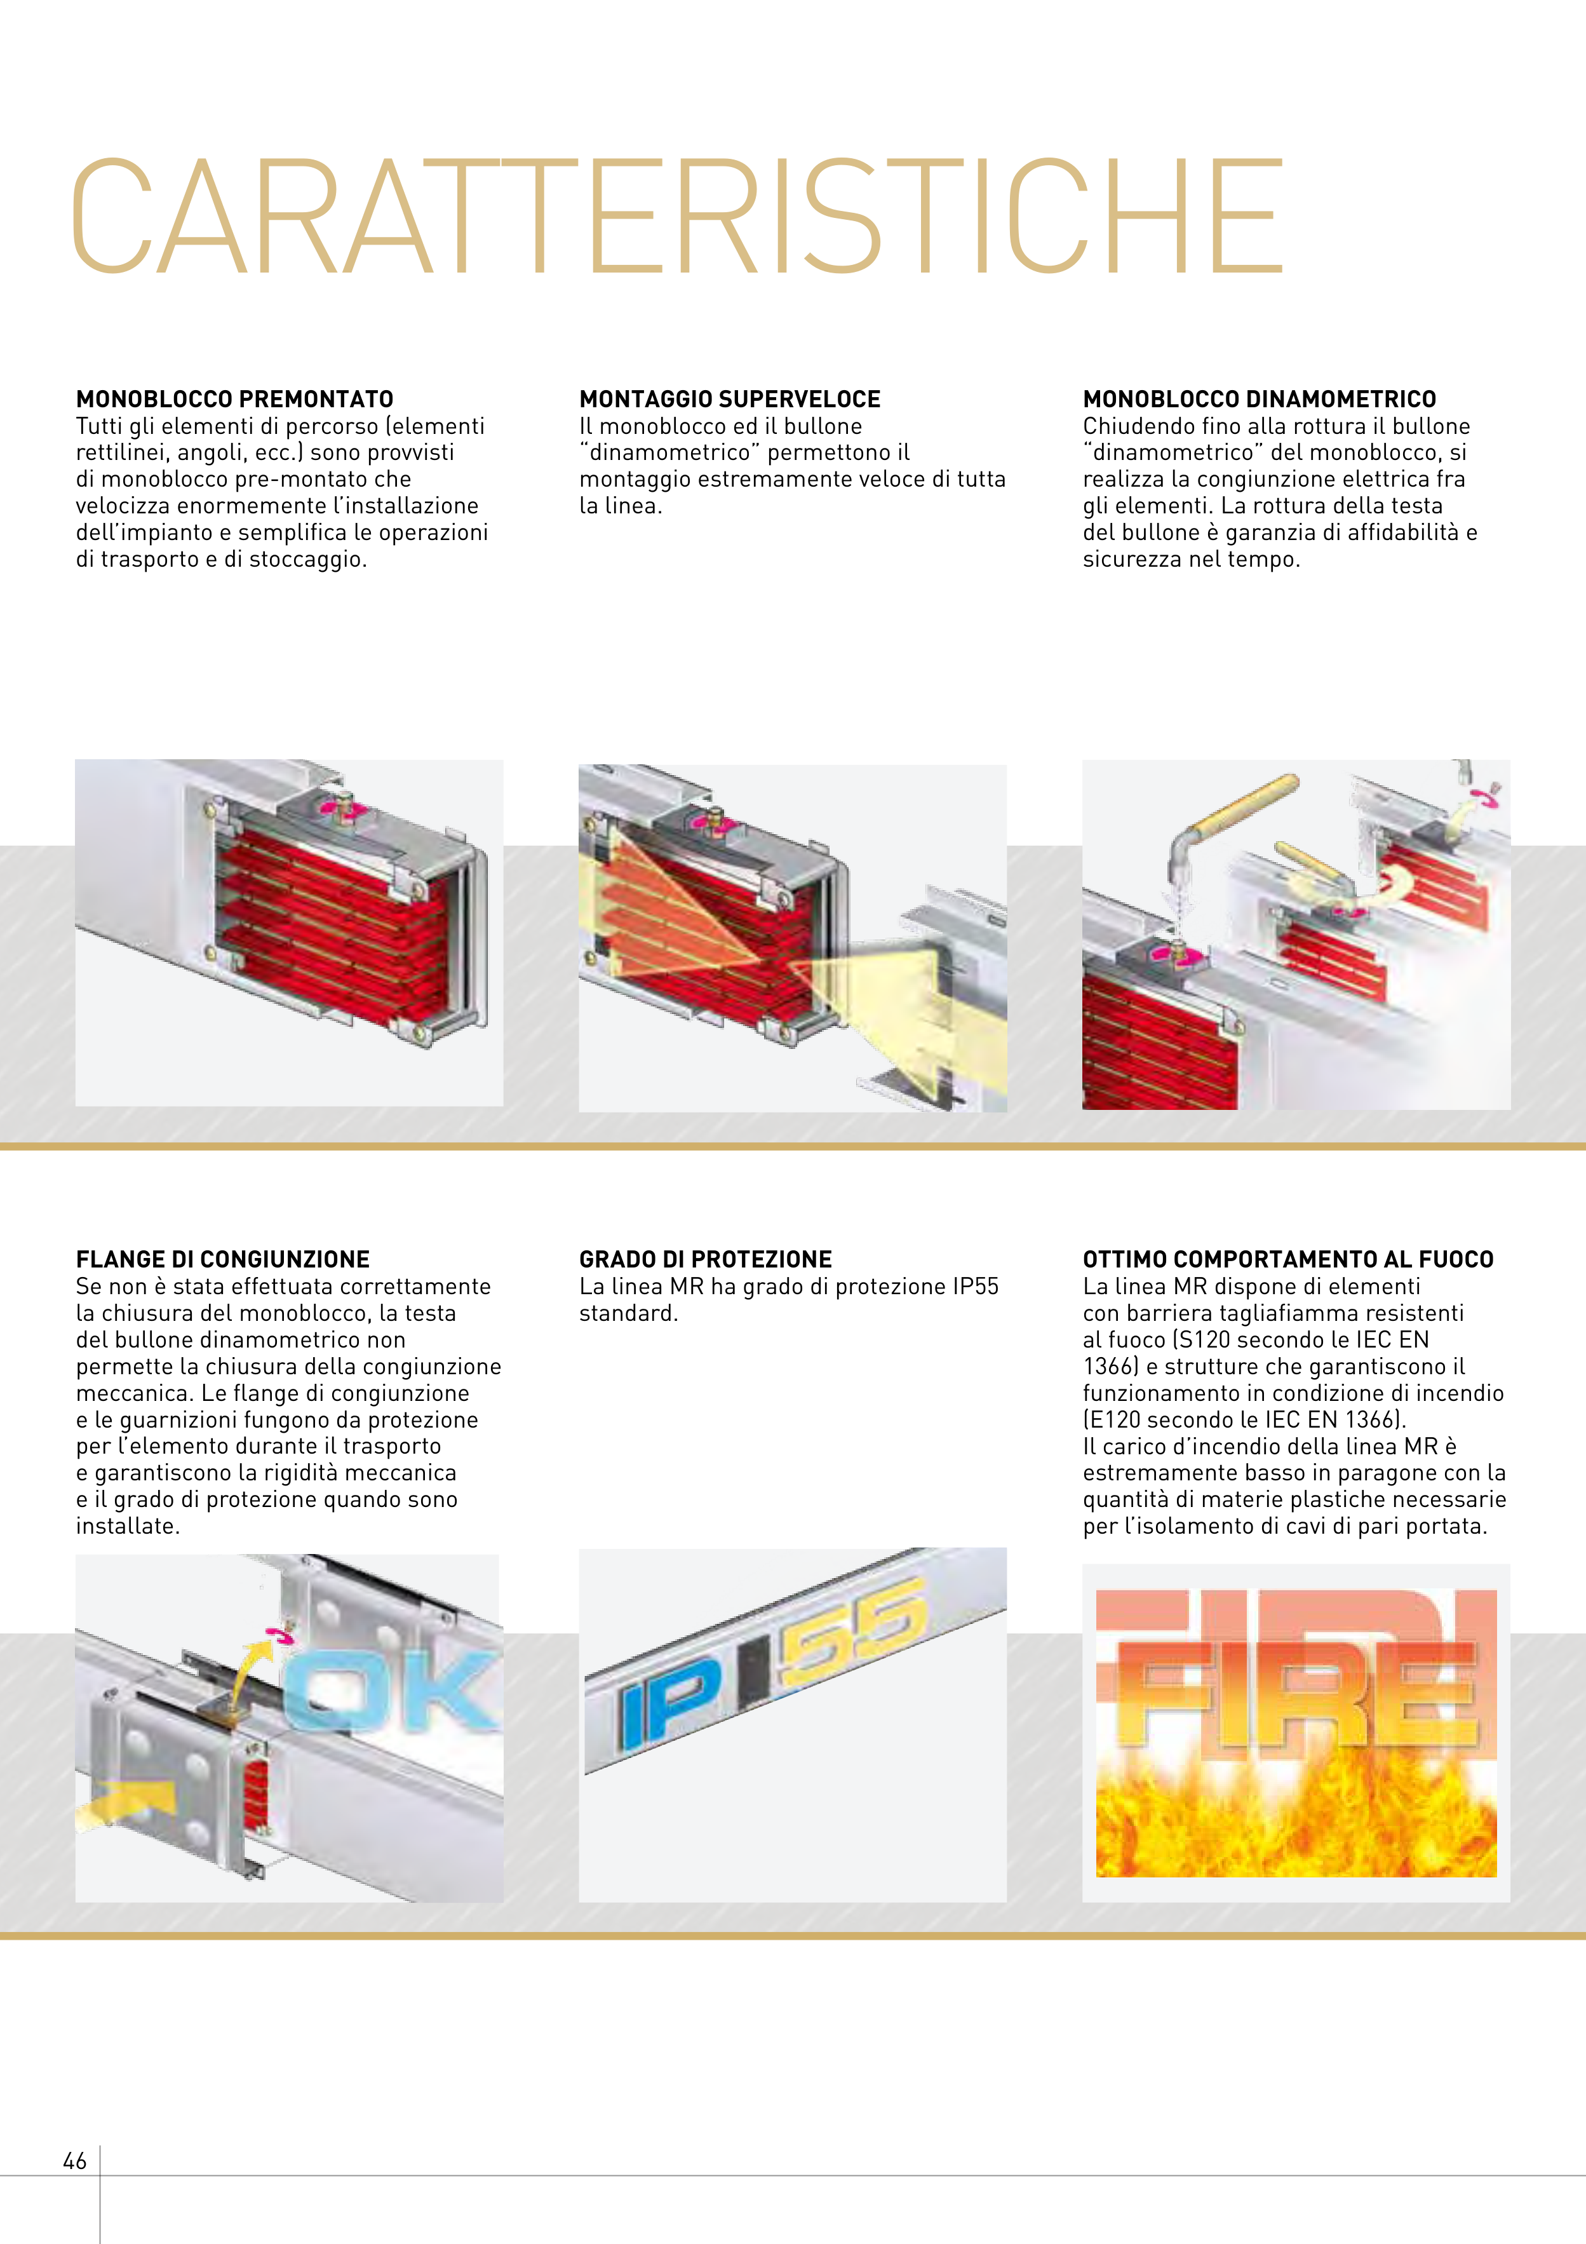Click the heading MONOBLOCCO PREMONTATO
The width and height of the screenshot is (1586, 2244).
click(x=234, y=399)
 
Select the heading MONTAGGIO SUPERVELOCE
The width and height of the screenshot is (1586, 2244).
click(x=730, y=399)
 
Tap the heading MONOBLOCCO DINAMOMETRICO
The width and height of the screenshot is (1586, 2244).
click(x=1260, y=399)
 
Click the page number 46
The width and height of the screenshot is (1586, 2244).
click(x=75, y=2161)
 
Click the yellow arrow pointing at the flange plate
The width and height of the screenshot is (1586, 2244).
click(x=127, y=1801)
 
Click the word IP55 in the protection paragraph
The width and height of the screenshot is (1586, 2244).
click(x=974, y=1286)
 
